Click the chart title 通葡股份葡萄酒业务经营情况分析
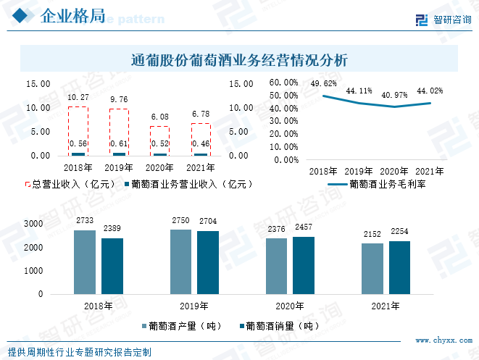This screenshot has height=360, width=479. (x=240, y=60)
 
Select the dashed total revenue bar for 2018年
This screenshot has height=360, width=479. (x=78, y=130)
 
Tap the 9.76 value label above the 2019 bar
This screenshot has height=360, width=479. (x=119, y=99)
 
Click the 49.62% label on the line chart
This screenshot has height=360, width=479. (x=324, y=83)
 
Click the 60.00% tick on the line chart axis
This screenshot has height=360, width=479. (x=284, y=83)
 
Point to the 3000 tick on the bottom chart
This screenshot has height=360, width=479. (x=33, y=225)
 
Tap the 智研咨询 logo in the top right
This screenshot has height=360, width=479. (x=443, y=20)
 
